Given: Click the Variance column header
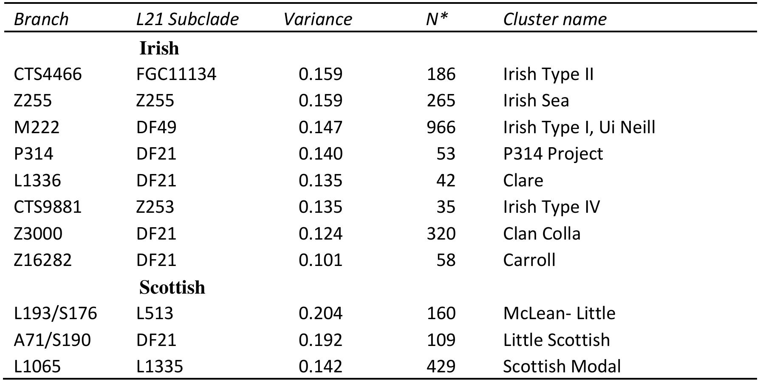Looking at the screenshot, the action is (x=318, y=19).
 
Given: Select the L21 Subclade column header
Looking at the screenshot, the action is (x=187, y=19).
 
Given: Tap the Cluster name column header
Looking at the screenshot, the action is (x=555, y=19).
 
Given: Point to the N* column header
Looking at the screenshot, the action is (x=437, y=19).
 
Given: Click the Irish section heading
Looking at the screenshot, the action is (x=159, y=48).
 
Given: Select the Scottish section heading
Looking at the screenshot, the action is (x=172, y=287).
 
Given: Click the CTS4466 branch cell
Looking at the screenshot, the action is (x=48, y=74).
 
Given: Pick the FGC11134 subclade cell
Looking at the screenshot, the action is (x=176, y=74).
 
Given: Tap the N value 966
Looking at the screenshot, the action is (x=441, y=127).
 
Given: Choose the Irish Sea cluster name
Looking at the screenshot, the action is (x=536, y=100).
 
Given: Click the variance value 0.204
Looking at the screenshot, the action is (x=320, y=313).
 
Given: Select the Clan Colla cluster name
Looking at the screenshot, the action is (x=542, y=234).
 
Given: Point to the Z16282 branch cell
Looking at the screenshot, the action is (x=43, y=260).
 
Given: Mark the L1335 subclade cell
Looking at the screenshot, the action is (x=160, y=366).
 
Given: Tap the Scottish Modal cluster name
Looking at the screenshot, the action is (x=562, y=366).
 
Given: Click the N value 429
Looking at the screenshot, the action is (x=441, y=366).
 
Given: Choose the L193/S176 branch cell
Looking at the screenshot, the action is (x=56, y=313).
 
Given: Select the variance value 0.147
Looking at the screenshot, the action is (x=320, y=127).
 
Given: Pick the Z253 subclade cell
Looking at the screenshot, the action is (x=155, y=207).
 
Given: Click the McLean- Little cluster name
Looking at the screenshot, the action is (x=560, y=313).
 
